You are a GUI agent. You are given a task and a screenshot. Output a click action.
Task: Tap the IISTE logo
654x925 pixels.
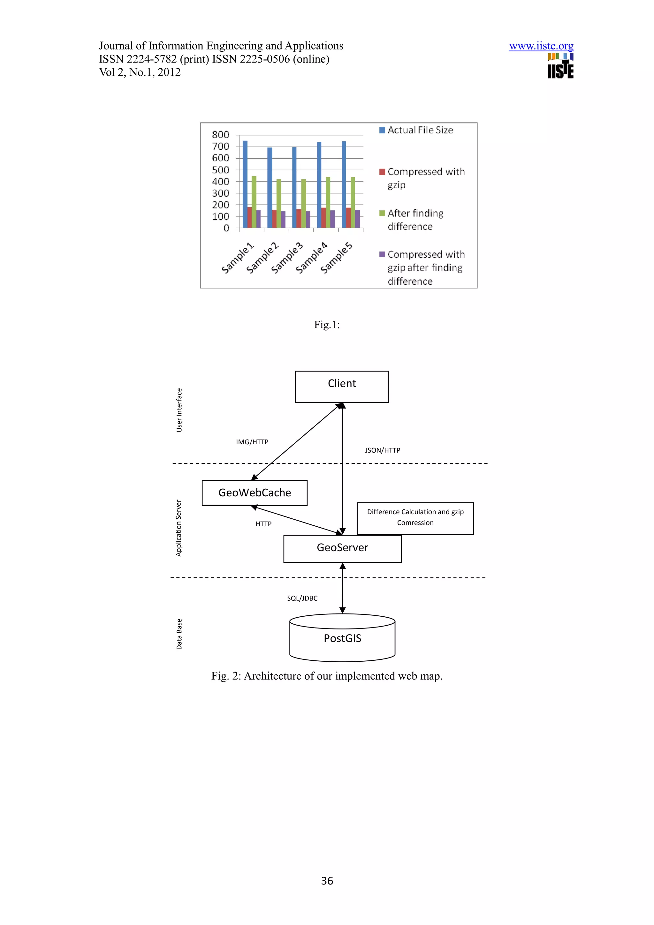click(560, 66)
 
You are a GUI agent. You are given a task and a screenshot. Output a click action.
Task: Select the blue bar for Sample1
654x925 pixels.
click(245, 184)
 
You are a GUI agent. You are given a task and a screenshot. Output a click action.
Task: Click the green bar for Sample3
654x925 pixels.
click(303, 203)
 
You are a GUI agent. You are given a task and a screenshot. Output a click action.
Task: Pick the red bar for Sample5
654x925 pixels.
click(348, 218)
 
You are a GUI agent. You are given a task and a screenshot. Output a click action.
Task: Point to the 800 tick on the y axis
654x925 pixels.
click(220, 135)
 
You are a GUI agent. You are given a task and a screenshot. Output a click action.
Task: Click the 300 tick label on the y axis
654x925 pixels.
click(220, 193)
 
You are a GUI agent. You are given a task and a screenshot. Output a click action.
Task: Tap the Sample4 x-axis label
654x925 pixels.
click(311, 258)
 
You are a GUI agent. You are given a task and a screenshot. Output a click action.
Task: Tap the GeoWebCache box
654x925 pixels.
click(254, 493)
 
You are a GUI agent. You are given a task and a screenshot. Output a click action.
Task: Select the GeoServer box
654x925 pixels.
click(342, 548)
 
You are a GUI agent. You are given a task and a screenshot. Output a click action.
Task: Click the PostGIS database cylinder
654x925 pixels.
click(342, 638)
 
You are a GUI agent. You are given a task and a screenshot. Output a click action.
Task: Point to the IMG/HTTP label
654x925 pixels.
click(252, 442)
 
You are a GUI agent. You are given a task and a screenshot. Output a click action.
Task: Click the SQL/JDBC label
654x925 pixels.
click(302, 598)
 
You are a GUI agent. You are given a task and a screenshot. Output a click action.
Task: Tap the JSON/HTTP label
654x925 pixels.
click(383, 450)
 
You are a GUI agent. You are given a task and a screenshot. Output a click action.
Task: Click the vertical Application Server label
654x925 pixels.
click(179, 528)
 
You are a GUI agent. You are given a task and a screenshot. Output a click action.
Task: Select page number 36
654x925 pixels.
click(327, 881)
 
